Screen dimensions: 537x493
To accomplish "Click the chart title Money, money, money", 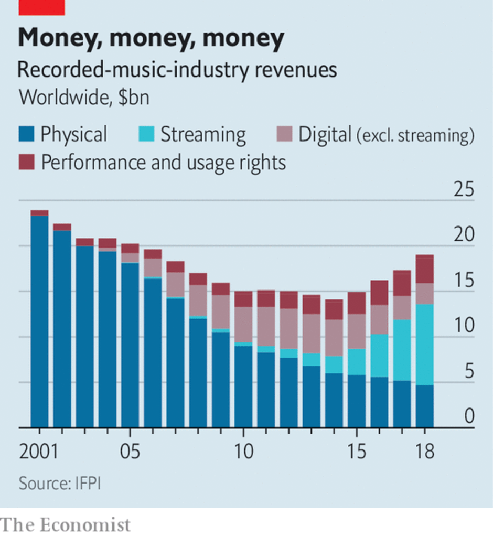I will pyautogui.click(x=151, y=39).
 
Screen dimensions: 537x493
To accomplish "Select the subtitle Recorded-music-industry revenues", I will pyautogui.click(x=177, y=70).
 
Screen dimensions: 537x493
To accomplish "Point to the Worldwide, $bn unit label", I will pyautogui.click(x=84, y=98).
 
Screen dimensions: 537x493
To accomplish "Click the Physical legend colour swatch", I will pyautogui.click(x=26, y=135).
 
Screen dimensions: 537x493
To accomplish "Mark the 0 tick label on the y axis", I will pyautogui.click(x=469, y=417).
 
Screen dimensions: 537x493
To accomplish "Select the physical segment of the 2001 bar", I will pyautogui.click(x=39, y=320).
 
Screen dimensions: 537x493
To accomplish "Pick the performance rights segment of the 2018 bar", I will pyautogui.click(x=424, y=269).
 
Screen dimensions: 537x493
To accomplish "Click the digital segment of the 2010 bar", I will pyautogui.click(x=243, y=324).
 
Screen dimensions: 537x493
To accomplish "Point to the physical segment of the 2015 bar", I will pyautogui.click(x=357, y=401).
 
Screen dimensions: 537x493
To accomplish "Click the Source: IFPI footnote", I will pyautogui.click(x=59, y=484).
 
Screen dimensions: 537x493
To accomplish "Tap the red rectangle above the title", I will pyautogui.click(x=41, y=7).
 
